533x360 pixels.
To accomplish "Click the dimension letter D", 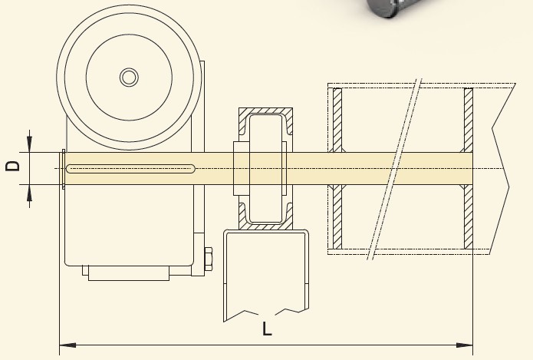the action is [x=13, y=166].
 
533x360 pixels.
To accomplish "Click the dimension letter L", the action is [x=267, y=329].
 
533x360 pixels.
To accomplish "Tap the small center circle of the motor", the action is [x=129, y=78].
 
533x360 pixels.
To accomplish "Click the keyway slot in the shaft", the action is [x=130, y=169].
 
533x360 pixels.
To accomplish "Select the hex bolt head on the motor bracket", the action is [x=208, y=259].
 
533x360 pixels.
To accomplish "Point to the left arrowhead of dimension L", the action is [x=67, y=345].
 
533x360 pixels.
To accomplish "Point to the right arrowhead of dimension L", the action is [x=464, y=345].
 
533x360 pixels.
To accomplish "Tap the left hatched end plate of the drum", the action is [x=337, y=168].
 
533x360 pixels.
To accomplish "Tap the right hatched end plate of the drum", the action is [x=469, y=168].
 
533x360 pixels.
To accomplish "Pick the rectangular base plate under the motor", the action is [x=129, y=273].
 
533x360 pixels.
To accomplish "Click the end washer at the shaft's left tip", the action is [x=64, y=168].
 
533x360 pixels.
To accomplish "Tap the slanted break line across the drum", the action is [x=394, y=169].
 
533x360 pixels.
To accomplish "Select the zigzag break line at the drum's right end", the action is [x=501, y=168].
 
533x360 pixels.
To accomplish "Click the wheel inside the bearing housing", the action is [x=265, y=168].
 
